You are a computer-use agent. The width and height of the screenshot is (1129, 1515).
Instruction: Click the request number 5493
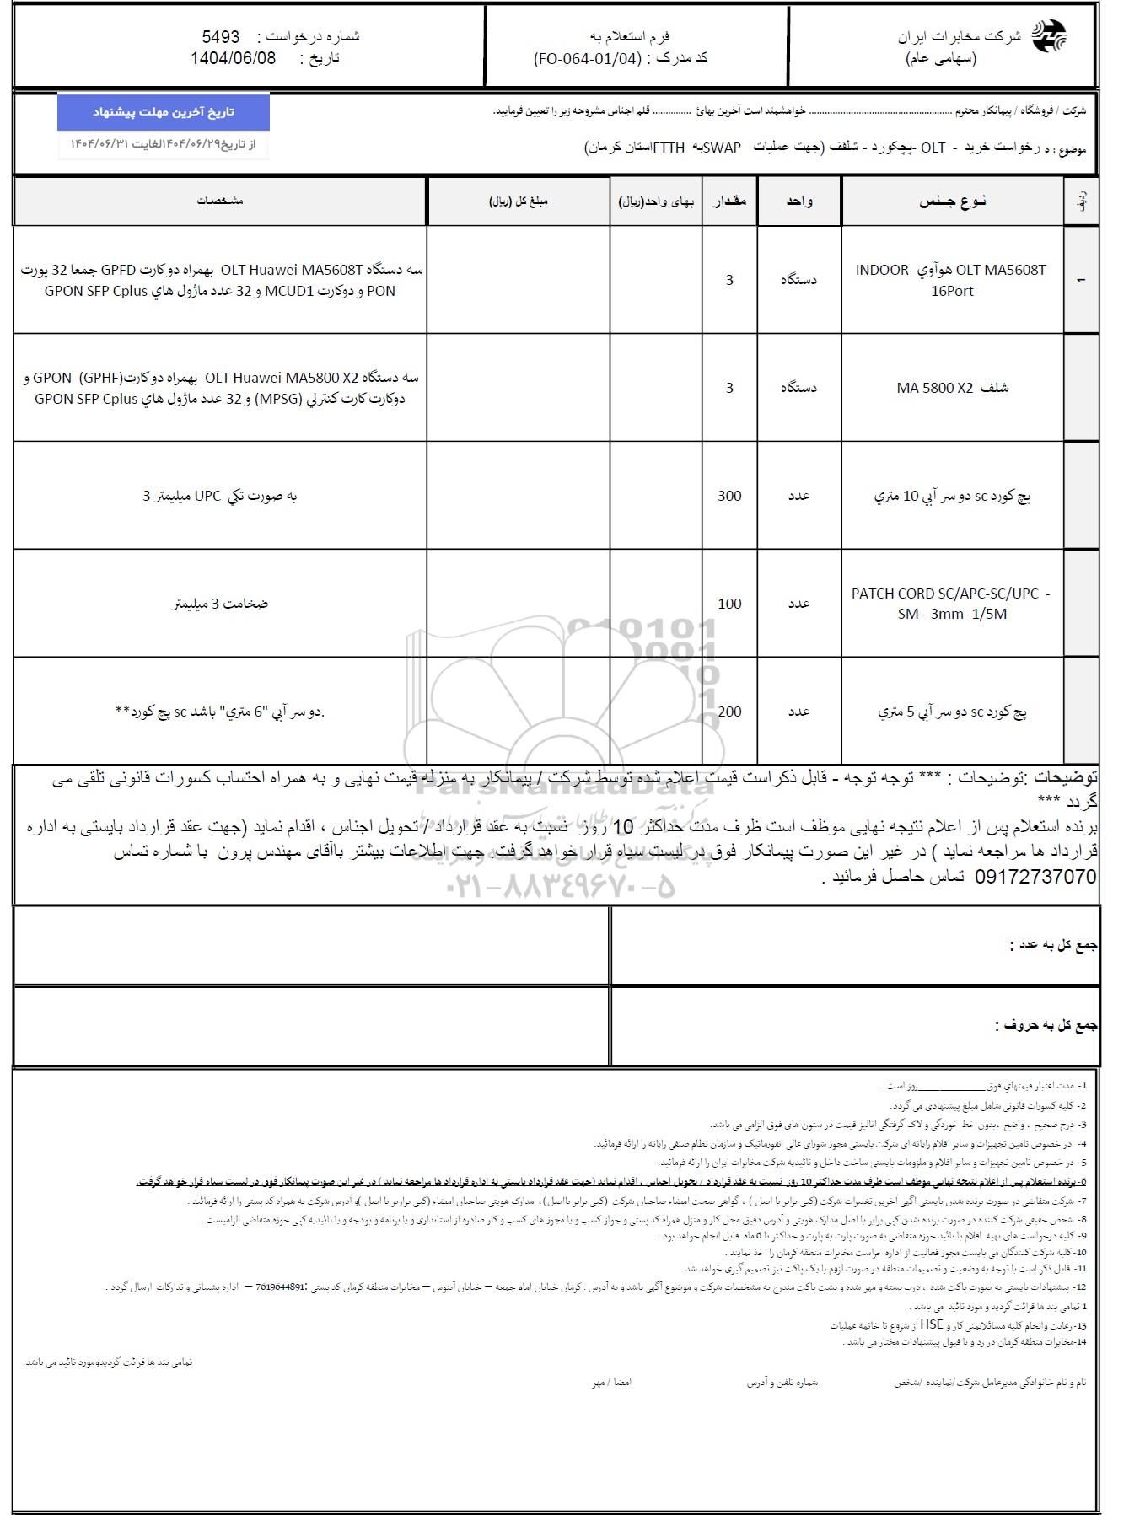221,37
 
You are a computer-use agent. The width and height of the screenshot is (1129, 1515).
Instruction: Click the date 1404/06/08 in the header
233,58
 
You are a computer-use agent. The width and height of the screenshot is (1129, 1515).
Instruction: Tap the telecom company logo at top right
1049,37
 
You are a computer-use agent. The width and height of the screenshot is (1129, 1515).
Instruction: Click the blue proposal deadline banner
164,112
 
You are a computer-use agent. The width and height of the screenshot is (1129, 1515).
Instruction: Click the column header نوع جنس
952,201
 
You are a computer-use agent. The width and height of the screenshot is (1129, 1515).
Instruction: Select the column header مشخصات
220,201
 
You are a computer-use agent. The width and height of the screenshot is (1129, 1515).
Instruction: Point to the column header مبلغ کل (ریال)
519,201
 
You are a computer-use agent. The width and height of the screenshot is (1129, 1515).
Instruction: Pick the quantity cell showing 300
729,496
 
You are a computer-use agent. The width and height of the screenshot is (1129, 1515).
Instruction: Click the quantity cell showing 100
729,604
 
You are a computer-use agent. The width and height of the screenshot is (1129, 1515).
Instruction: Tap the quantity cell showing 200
729,712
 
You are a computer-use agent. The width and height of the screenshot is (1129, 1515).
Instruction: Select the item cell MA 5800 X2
952,388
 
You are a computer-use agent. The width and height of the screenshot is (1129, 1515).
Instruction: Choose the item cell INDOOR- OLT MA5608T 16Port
951,280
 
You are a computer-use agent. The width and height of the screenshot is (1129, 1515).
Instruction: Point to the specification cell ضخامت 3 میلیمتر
220,604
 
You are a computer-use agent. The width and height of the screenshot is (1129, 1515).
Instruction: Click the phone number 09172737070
1035,877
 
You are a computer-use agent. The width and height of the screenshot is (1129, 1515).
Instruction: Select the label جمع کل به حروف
1046,1026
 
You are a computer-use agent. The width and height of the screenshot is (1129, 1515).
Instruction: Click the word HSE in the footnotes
931,1324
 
